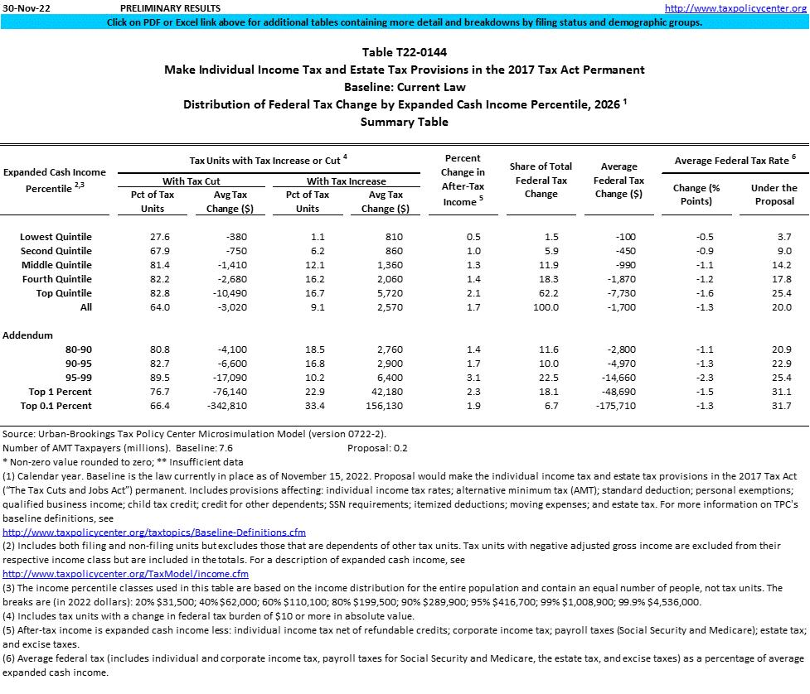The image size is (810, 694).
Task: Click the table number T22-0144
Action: pos(405,52)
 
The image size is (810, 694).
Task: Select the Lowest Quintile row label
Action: pos(56,237)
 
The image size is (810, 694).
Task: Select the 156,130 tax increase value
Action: pos(383,406)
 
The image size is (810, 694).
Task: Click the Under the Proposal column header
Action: pos(774,195)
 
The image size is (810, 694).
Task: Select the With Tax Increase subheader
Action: pos(346,181)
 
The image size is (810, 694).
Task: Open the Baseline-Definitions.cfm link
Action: pos(154,532)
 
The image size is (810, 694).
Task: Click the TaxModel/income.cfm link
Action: pos(126,574)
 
